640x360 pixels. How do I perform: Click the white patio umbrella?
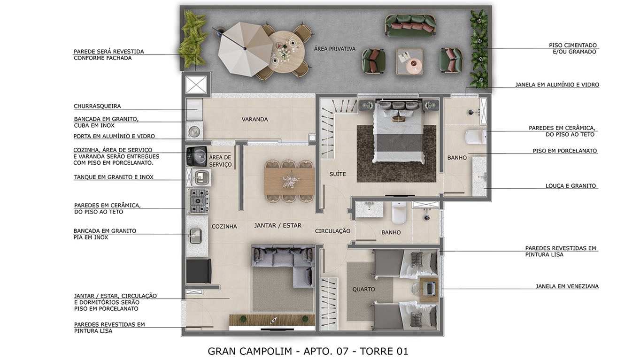[245, 49]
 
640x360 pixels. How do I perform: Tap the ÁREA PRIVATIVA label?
[335, 49]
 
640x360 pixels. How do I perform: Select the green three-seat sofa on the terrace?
[410, 25]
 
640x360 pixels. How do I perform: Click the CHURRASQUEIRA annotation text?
[97, 106]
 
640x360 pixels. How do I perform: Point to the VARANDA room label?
[254, 119]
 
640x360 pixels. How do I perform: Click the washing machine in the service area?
[197, 156]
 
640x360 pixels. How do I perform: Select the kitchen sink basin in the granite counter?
[196, 236]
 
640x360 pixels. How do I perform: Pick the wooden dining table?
[289, 182]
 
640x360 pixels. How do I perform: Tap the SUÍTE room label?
[338, 174]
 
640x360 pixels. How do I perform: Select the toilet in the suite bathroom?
[476, 137]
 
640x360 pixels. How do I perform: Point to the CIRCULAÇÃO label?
[332, 231]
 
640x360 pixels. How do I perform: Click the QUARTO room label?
[363, 290]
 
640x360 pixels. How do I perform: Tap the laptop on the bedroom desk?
[430, 288]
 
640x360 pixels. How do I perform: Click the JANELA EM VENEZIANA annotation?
[567, 286]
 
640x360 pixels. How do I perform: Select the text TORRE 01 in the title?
[384, 351]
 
